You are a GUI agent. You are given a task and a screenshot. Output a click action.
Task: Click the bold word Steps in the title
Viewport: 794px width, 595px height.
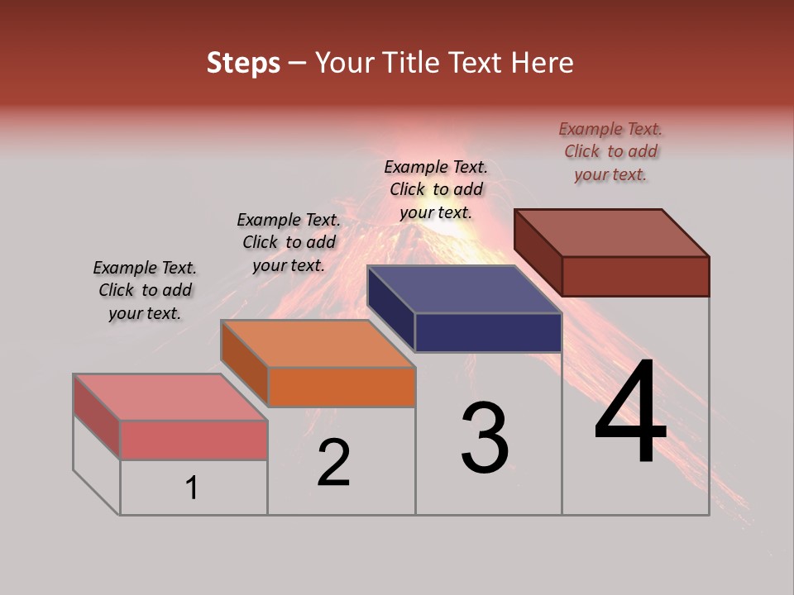pos(243,63)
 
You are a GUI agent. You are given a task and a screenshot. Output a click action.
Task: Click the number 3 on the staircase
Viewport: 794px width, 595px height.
pos(485,438)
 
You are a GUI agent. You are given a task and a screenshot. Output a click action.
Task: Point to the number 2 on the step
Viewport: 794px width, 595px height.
pos(333,463)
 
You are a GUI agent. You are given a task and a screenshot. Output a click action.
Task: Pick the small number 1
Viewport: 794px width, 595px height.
pos(192,488)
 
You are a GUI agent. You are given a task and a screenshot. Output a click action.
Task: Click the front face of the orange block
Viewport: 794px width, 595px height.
pos(342,387)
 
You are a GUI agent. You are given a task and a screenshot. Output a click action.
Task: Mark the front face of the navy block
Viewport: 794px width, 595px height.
pos(488,333)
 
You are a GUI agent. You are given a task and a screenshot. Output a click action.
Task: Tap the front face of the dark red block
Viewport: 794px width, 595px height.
pos(635,276)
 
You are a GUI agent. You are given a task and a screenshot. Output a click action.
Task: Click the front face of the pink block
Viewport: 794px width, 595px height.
pos(194,440)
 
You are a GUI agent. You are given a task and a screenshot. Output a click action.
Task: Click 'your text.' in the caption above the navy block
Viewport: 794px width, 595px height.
pos(436,212)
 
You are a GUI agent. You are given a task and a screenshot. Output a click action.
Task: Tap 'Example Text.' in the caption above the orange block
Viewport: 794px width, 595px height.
pos(289,220)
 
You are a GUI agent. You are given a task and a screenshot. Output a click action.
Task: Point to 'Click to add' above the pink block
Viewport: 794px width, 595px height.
pos(145,290)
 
